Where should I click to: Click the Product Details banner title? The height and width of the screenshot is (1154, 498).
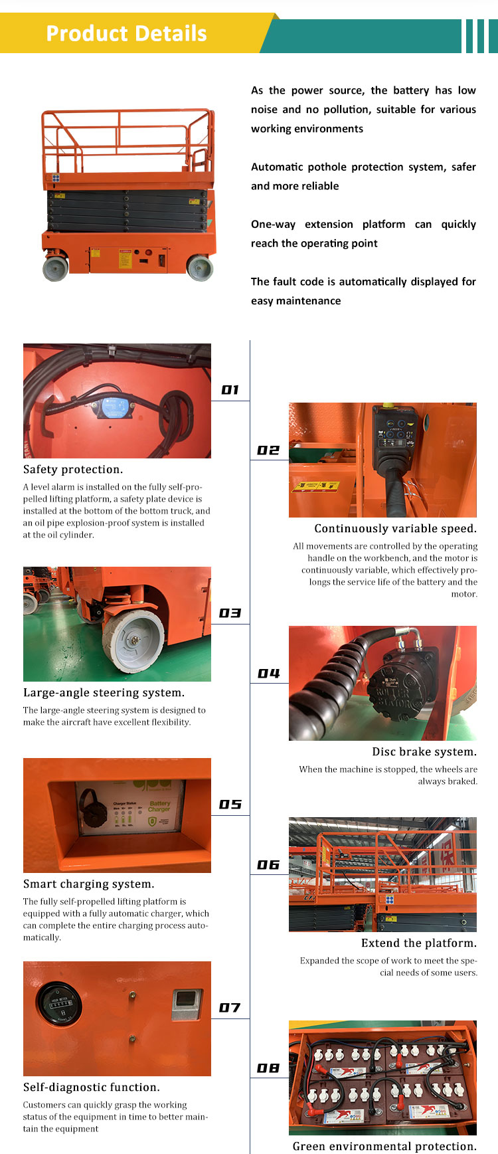click(x=126, y=33)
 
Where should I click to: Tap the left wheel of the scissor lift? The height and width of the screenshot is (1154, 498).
click(x=56, y=268)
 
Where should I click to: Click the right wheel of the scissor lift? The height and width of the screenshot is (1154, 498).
click(x=200, y=267)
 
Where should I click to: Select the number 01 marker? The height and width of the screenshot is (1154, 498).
click(x=230, y=390)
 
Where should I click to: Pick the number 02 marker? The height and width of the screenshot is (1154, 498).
click(x=268, y=450)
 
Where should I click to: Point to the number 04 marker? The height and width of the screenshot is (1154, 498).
click(x=268, y=674)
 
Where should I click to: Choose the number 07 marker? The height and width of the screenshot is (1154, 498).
click(x=230, y=1008)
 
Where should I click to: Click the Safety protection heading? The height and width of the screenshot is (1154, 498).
click(x=73, y=470)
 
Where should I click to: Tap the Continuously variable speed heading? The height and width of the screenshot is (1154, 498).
click(x=395, y=529)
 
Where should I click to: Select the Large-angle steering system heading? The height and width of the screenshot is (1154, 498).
click(x=104, y=693)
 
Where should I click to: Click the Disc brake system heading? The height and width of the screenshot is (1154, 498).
click(x=424, y=752)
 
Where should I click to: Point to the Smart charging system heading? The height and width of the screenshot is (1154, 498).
click(x=89, y=884)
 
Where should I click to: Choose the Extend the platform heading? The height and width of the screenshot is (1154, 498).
click(x=419, y=943)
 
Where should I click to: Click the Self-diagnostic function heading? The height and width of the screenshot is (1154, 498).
click(x=92, y=1088)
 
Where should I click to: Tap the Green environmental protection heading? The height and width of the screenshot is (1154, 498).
click(x=384, y=1146)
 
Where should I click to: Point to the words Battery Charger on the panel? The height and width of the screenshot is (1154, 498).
click(x=159, y=806)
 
